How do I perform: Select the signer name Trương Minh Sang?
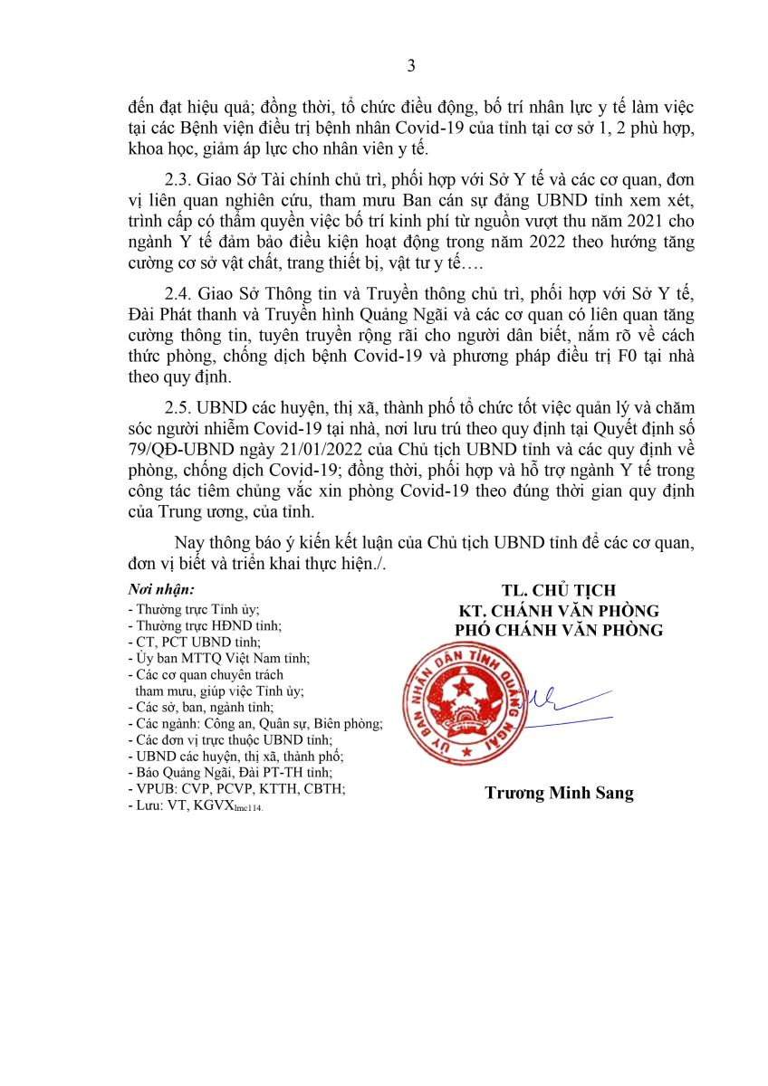tap(559, 794)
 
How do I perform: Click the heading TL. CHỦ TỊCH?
tap(558, 591)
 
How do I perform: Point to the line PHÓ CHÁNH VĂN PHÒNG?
tap(558, 630)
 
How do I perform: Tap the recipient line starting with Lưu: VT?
tap(195, 805)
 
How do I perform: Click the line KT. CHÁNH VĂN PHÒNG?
tap(558, 611)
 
